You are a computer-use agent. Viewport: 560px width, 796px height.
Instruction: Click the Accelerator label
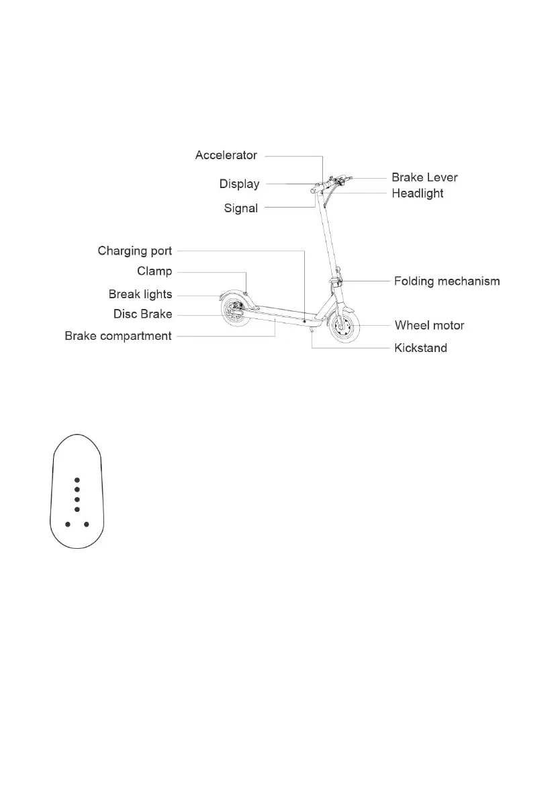tap(226, 155)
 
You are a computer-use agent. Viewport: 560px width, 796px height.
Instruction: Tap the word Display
tap(239, 184)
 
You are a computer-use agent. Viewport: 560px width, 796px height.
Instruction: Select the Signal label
tap(240, 208)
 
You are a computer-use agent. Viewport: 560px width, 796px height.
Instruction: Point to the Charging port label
tap(134, 251)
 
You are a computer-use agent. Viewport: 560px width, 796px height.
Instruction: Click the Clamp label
tap(154, 271)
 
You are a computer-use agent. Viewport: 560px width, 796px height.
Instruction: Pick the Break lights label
tap(140, 294)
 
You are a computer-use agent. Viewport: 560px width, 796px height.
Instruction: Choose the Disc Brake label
tap(142, 314)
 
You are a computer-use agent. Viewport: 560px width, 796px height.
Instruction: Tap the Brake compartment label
tap(118, 336)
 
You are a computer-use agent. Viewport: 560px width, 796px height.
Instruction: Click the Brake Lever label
tap(424, 177)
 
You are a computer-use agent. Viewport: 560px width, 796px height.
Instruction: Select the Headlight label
tap(418, 193)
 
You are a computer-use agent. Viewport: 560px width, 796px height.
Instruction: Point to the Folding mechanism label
tap(447, 281)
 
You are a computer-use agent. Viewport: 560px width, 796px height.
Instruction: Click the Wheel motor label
tap(429, 326)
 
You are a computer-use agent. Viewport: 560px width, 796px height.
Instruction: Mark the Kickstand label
tap(420, 348)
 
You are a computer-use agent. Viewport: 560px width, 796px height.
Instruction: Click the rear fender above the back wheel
tap(228, 296)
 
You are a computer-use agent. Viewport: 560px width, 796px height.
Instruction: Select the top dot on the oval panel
tap(77, 480)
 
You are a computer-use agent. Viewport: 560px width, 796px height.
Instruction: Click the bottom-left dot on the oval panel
tap(67, 524)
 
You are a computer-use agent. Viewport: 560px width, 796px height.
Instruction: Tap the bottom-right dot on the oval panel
tap(87, 524)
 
